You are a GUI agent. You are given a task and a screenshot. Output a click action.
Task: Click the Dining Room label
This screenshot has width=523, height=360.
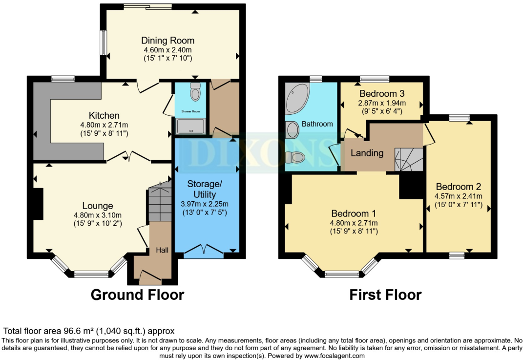(167, 41)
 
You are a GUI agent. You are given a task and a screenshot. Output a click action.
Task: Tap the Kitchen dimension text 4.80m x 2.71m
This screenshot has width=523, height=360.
(104, 125)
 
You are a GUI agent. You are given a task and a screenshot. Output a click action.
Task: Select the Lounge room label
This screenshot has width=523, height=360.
(98, 206)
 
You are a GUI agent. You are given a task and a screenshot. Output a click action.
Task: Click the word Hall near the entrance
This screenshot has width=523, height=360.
(162, 250)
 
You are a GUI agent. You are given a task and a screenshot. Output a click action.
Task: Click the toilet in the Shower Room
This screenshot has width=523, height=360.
(196, 91)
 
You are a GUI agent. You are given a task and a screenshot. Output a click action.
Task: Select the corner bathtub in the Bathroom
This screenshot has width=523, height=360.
(296, 97)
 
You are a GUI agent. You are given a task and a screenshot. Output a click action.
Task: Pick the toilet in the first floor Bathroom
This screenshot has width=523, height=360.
(295, 157)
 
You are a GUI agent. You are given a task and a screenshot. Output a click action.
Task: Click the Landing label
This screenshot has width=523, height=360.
(367, 153)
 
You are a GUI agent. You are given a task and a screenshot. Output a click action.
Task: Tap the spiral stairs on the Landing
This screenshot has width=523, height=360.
(408, 159)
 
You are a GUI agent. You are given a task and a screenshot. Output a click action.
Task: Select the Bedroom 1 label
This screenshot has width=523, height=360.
(354, 213)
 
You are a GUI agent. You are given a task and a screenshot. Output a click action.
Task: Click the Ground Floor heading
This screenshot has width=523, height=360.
(137, 295)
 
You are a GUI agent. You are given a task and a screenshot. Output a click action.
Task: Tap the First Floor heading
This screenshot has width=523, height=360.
(385, 295)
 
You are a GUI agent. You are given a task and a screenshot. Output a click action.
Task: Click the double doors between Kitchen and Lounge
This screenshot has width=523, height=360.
(128, 156)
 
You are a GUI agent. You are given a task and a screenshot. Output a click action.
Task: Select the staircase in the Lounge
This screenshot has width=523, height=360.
(160, 202)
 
